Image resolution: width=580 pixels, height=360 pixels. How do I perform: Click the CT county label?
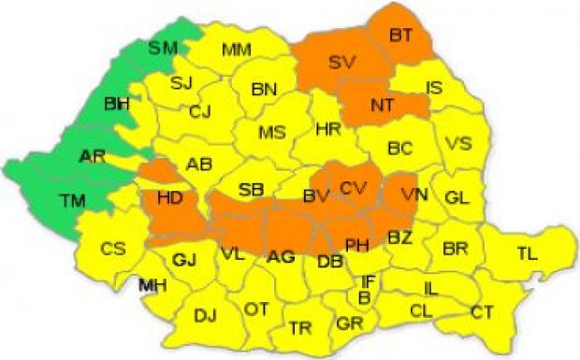(483, 311)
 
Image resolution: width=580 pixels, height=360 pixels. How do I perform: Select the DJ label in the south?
(205, 316)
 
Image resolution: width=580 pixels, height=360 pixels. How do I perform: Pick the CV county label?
(354, 188)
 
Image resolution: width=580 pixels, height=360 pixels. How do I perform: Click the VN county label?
(413, 194)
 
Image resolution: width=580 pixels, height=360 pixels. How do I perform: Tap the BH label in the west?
(117, 103)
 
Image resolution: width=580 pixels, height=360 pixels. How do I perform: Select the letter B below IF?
(364, 298)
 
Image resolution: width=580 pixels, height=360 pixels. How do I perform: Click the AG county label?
(281, 256)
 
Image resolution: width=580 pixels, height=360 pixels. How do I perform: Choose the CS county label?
(113, 249)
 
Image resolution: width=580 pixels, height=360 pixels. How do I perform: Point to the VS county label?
(458, 144)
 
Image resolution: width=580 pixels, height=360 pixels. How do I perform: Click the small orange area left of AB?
(161, 170)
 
